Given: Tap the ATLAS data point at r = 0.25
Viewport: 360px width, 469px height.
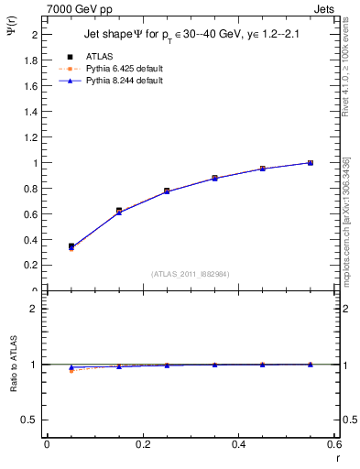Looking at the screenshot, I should click(x=167, y=191).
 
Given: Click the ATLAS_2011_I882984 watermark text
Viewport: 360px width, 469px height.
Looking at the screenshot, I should click(x=191, y=274).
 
